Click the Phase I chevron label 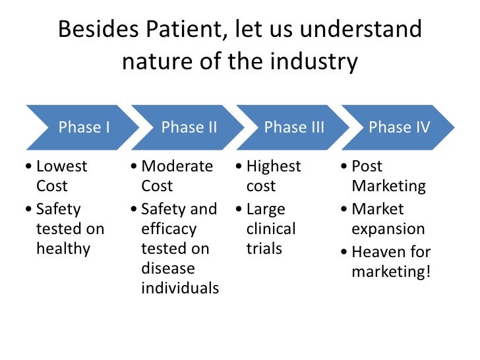84,127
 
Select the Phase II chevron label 189,127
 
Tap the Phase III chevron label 294,127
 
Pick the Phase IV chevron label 399,127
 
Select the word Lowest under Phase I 62,166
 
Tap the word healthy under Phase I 63,249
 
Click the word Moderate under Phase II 177,166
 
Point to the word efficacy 169,229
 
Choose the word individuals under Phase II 180,288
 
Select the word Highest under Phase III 274,166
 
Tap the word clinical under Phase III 271,229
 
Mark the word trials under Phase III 264,249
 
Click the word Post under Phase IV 367,166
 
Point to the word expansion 388,229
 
